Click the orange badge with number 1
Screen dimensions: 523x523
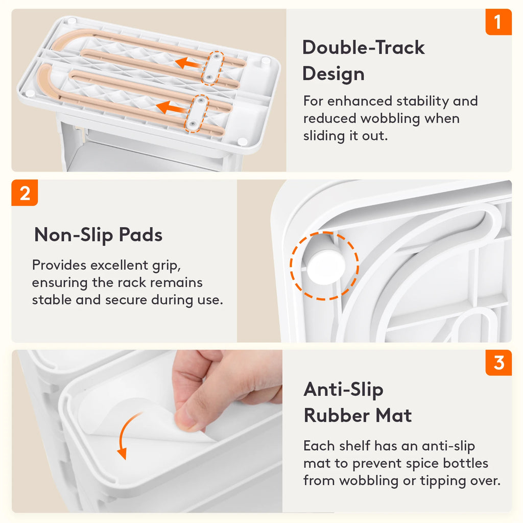(x=498, y=22)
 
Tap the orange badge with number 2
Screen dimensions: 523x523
(x=25, y=193)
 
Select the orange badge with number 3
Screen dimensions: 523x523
(x=498, y=363)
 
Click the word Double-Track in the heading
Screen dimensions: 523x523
(x=364, y=47)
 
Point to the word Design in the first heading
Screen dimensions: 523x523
(x=333, y=74)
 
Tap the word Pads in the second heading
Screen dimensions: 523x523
(x=140, y=235)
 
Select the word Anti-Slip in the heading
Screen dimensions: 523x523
(x=343, y=390)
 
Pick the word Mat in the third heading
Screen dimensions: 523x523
(x=394, y=416)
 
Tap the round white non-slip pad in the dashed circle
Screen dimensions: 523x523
(x=325, y=267)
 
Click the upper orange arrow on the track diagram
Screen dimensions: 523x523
(x=188, y=63)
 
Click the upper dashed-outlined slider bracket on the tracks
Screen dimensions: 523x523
(x=212, y=68)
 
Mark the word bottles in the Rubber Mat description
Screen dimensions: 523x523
(x=466, y=463)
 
